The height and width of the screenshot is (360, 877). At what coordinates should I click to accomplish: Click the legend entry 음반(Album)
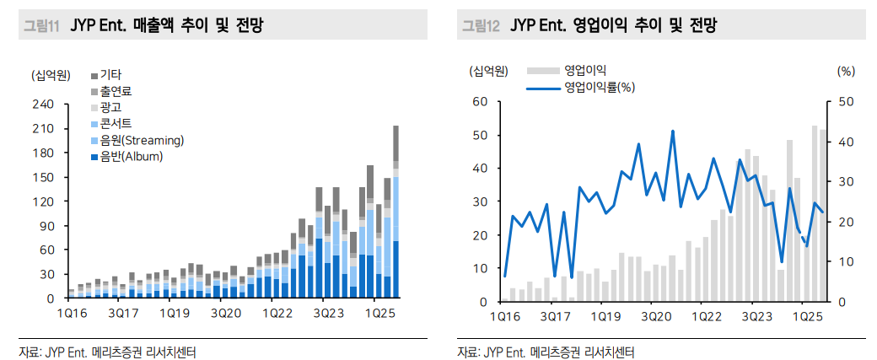(x=131, y=156)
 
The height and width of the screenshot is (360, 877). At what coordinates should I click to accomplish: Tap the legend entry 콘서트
(x=116, y=123)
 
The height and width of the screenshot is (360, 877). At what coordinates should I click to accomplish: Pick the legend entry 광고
(x=110, y=107)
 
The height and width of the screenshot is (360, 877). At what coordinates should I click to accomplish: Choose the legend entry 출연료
(x=116, y=91)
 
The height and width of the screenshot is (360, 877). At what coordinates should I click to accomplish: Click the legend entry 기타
(x=110, y=75)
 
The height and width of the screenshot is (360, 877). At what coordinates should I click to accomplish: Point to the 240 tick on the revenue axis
(x=43, y=105)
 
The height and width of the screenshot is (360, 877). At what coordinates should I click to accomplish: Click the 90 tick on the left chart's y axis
(x=46, y=226)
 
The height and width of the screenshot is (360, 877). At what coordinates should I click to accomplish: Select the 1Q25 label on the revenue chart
(x=381, y=313)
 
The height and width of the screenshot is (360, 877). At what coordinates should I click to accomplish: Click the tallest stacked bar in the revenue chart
(x=395, y=211)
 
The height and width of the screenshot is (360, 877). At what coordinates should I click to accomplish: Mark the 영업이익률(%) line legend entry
(x=600, y=87)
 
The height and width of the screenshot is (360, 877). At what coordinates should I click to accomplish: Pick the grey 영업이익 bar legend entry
(x=585, y=70)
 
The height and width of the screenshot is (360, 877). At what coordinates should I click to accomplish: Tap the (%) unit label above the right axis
(x=846, y=71)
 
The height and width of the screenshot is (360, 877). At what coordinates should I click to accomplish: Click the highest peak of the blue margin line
(x=672, y=132)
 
